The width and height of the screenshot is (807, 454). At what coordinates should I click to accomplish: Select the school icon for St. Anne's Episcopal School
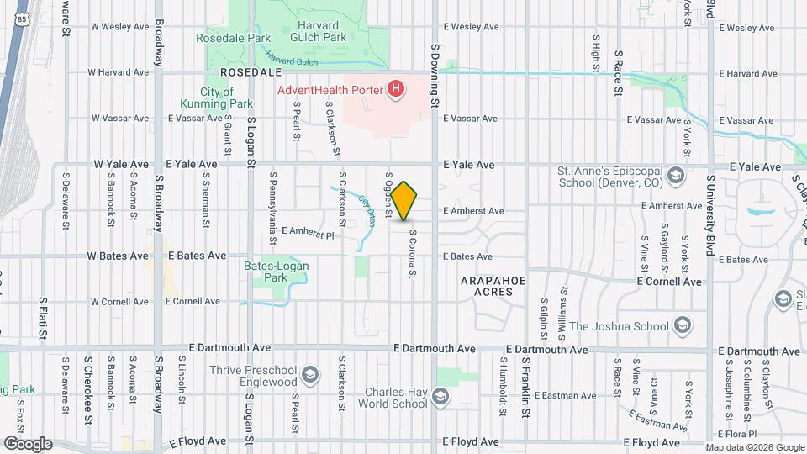(x=675, y=177)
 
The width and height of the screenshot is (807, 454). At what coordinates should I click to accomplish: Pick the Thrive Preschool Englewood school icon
(x=310, y=374)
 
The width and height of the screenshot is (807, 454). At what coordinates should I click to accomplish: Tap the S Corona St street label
(x=413, y=255)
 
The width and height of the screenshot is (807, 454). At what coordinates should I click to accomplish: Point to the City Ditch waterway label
(x=367, y=210)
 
